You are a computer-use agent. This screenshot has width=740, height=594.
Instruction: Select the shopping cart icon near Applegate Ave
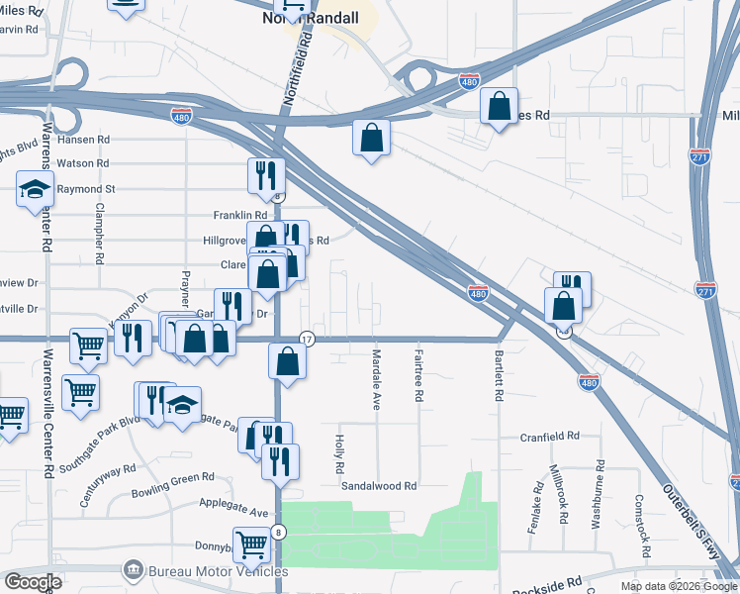click(252, 544)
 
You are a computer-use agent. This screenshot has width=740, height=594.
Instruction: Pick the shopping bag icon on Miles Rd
click(499, 105)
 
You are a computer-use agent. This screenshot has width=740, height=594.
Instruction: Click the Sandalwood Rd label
click(379, 486)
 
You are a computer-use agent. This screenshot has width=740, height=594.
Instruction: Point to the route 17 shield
click(307, 339)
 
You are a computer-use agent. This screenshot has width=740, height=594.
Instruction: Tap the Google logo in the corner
click(33, 581)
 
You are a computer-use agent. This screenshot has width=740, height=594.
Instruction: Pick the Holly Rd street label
click(338, 454)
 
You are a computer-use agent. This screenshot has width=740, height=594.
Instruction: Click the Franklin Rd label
click(240, 215)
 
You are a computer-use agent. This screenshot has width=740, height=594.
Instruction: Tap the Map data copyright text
click(678, 586)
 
